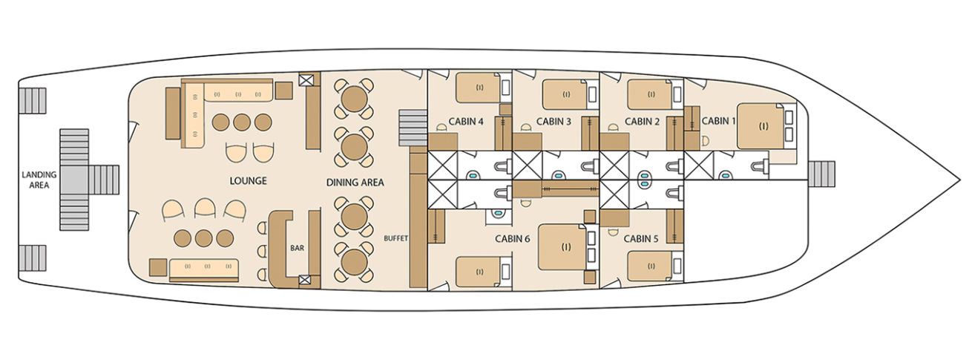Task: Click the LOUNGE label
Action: (x=249, y=181)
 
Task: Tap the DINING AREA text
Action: (x=355, y=182)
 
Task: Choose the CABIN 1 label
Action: (x=715, y=120)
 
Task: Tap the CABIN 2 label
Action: (x=642, y=121)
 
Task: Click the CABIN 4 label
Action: (x=467, y=122)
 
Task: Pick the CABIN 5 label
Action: (x=642, y=239)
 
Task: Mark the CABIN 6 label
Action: (x=513, y=239)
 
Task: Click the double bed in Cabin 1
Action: (x=762, y=126)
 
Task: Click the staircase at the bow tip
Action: (x=821, y=174)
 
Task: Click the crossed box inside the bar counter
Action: (x=304, y=280)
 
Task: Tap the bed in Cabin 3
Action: (x=565, y=94)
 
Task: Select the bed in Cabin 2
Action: (x=650, y=94)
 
